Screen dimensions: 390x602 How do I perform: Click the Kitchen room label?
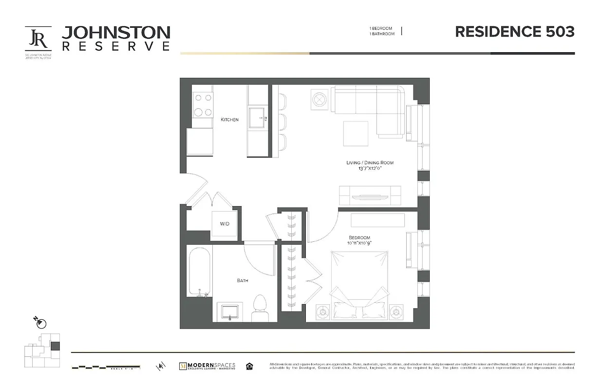click(229, 119)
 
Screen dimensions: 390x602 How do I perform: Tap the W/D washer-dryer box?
click(225, 224)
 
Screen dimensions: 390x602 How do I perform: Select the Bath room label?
click(243, 280)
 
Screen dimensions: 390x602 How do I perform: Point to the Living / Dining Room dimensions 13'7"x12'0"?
click(370, 168)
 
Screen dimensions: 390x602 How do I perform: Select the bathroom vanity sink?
click(229, 311)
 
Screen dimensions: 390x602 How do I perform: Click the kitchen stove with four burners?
click(203, 105)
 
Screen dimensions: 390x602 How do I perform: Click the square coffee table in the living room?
click(356, 133)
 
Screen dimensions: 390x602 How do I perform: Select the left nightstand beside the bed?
click(323, 311)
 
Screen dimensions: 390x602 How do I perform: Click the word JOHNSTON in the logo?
click(116, 33)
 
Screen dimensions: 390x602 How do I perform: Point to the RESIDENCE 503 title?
click(514, 32)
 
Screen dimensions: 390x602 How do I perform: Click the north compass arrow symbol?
click(40, 322)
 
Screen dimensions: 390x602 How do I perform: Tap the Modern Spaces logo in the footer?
click(207, 366)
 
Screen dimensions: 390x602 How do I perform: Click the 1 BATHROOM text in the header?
click(381, 34)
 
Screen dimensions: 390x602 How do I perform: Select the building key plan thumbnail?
click(42, 351)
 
